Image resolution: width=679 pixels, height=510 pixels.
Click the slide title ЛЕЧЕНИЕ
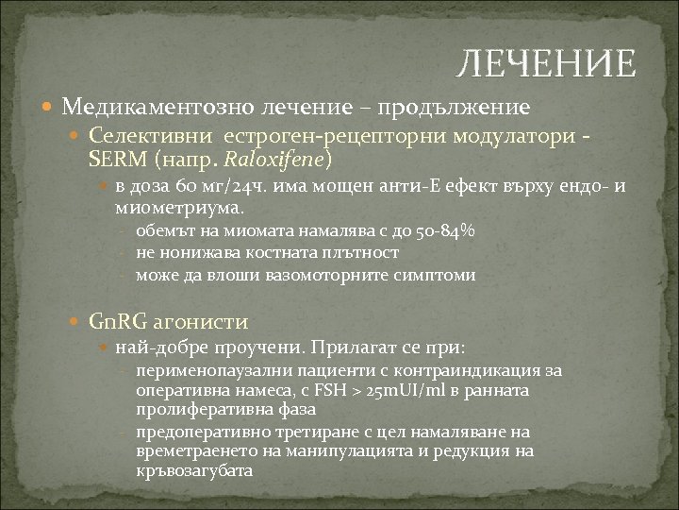point(545,64)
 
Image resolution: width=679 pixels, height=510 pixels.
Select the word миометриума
point(178,205)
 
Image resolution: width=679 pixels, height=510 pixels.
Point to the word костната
point(267,253)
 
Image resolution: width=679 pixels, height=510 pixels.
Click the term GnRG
point(111,321)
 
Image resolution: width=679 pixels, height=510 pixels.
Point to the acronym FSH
point(340,390)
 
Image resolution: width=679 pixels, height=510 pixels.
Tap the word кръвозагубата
point(195,469)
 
